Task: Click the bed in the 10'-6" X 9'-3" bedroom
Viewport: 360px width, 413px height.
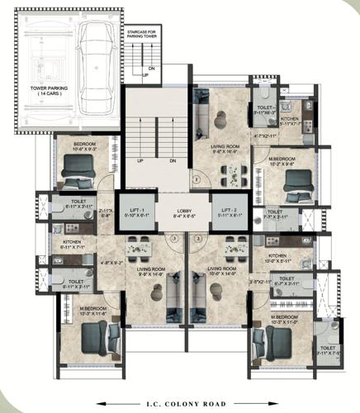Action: coord(80,171)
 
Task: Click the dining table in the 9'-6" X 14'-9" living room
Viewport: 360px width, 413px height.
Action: coord(139,245)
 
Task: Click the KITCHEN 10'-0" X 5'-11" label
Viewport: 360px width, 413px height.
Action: coord(277,259)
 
